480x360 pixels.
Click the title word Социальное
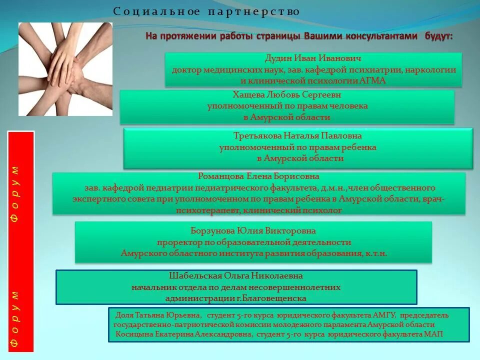(156, 11)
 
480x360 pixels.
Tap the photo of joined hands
(65, 69)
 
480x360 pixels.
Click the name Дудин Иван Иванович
(313, 58)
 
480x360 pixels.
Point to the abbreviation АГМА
(372, 80)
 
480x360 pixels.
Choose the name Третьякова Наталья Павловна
(297, 136)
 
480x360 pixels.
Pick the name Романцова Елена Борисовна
(258, 176)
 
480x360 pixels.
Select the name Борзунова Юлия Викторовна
(253, 231)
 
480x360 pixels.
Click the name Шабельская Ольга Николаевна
(236, 276)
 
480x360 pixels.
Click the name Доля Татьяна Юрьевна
(158, 315)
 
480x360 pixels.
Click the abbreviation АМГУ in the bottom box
(384, 315)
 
